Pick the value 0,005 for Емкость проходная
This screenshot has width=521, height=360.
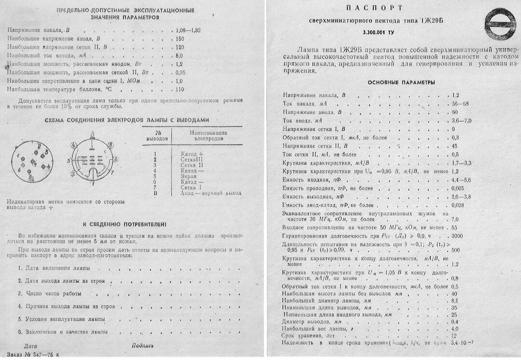[458, 189]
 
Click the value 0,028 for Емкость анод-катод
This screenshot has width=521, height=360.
[458, 205]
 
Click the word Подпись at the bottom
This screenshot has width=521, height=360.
[142, 345]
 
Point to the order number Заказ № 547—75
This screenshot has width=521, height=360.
[32, 354]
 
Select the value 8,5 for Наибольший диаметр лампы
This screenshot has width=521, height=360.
[455, 301]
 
